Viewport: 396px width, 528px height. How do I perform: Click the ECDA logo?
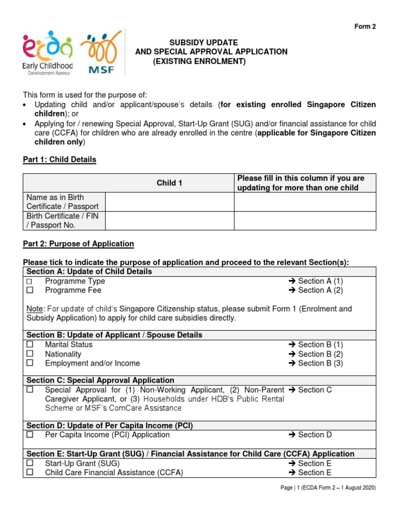[x=47, y=53]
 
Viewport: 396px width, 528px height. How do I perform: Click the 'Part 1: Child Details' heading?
[x=59, y=160]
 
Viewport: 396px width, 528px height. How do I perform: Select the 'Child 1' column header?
[x=170, y=183]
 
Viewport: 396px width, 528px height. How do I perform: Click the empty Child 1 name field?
[x=170, y=202]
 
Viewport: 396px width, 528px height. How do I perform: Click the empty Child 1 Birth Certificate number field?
[x=170, y=221]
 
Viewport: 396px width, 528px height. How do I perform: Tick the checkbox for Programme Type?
[x=29, y=282]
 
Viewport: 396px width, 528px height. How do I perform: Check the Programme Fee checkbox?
[x=29, y=291]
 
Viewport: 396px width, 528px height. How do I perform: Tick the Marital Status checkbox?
[x=29, y=344]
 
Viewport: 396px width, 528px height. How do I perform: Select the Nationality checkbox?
[x=29, y=354]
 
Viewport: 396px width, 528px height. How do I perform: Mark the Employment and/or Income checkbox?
[x=29, y=364]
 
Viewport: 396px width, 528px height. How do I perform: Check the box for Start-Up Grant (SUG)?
[x=29, y=464]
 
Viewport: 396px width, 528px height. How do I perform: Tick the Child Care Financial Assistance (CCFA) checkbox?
[x=29, y=473]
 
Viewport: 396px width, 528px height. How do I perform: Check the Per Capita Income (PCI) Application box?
[x=29, y=435]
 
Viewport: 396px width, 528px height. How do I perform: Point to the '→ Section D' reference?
[x=310, y=435]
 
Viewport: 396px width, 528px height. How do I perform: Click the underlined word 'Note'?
[x=35, y=309]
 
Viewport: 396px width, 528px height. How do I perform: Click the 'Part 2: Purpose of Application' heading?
[x=78, y=244]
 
